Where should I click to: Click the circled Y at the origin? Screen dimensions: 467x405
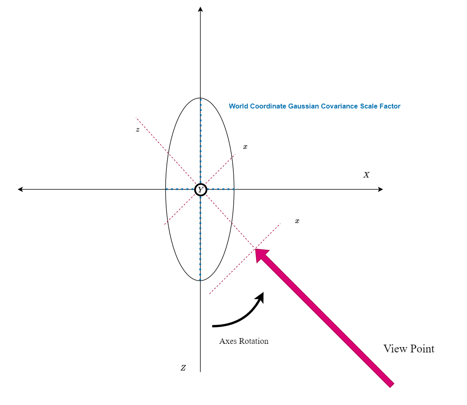[200, 190]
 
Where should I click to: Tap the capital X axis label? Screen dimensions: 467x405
[366, 175]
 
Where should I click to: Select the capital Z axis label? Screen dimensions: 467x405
[184, 368]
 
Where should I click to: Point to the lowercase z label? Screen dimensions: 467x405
[138, 130]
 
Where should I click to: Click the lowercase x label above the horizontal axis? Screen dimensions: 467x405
[245, 147]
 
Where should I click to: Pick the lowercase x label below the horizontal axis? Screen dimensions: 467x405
[297, 221]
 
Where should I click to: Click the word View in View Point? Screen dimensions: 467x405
[395, 349]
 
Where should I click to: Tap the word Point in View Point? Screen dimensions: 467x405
[422, 349]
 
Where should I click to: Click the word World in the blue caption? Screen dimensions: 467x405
[238, 106]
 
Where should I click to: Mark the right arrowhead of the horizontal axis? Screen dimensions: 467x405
[381, 189]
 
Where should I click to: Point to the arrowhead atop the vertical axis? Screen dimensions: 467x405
[200, 9]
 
